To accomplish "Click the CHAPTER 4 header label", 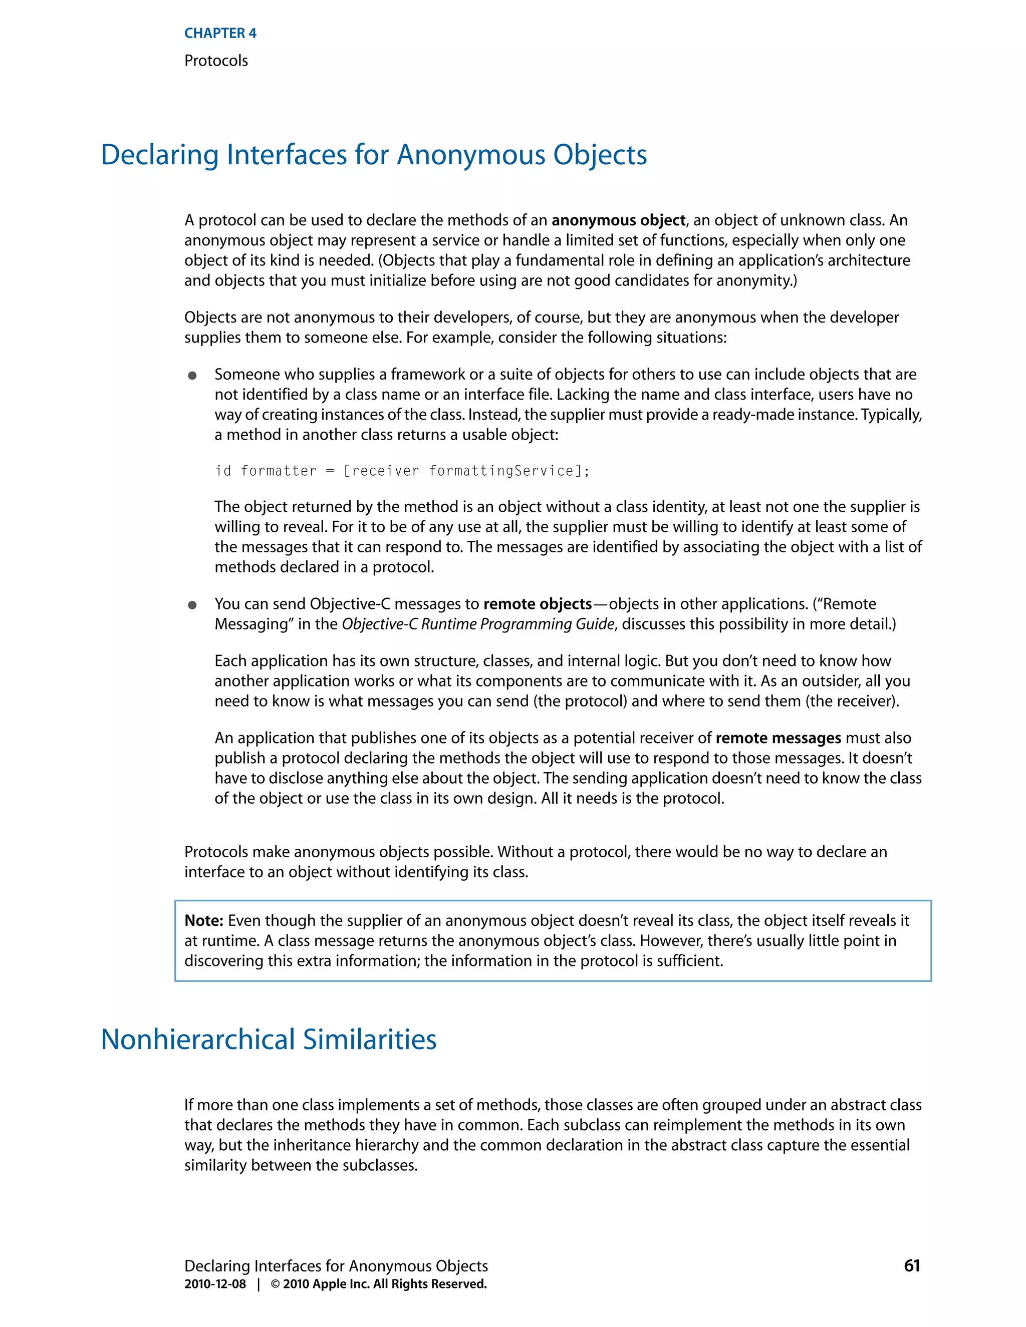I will (x=220, y=34).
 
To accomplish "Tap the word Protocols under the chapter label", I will (x=216, y=61).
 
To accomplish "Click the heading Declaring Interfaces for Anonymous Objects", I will (x=373, y=155).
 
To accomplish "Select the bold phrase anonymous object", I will (x=618, y=220).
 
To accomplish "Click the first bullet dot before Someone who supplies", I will (x=192, y=376).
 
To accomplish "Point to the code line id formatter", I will (x=402, y=471).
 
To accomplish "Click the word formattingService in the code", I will (x=501, y=471).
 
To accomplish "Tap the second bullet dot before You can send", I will (x=192, y=605).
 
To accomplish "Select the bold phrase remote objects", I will (x=538, y=604).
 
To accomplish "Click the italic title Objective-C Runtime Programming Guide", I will (x=478, y=624).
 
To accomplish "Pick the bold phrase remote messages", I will (x=778, y=738).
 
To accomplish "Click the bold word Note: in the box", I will (x=203, y=920).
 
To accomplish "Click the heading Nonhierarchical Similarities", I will (x=268, y=1040).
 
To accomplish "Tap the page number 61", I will (x=911, y=1265).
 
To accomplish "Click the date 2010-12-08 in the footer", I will (x=215, y=1284).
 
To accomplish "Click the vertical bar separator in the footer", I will (x=259, y=1284).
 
